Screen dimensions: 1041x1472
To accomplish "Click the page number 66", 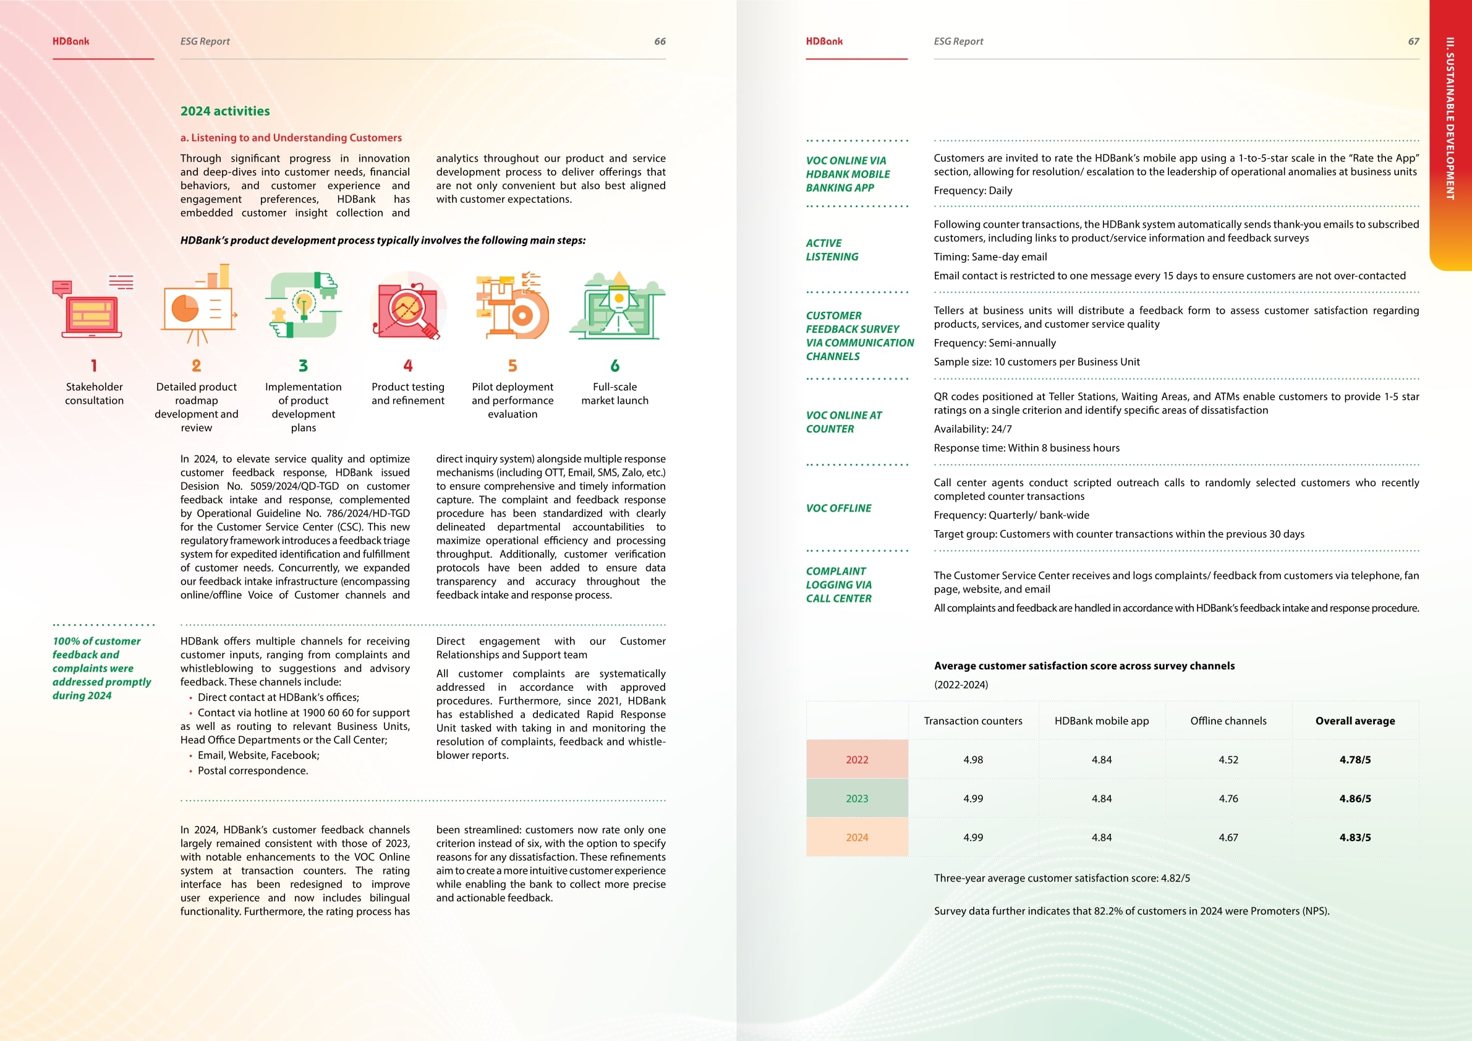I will (659, 41).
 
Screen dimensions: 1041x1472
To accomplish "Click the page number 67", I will (1413, 41).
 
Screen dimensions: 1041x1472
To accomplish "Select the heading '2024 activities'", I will (225, 111).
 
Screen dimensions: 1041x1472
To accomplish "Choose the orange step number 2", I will (196, 366).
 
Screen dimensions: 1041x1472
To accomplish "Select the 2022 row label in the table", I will (856, 760).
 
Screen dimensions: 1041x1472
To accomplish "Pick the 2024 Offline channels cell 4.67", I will (1228, 837).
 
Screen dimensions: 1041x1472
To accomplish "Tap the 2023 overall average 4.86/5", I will (1355, 799).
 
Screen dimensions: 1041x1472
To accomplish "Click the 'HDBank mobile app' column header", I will (1102, 721).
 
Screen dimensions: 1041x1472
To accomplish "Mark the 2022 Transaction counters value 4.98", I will (972, 760).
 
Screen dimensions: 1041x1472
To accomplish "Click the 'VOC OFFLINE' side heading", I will (838, 508).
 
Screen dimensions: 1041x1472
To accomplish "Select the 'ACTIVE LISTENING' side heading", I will (832, 249).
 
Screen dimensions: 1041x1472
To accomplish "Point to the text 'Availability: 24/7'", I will (972, 429).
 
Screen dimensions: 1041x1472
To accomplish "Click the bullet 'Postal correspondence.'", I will (253, 770).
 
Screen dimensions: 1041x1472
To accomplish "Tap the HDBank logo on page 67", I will (824, 41).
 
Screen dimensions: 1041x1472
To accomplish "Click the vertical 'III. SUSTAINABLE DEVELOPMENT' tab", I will (1450, 119).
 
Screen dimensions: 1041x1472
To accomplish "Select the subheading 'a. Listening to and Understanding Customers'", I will (291, 138).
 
